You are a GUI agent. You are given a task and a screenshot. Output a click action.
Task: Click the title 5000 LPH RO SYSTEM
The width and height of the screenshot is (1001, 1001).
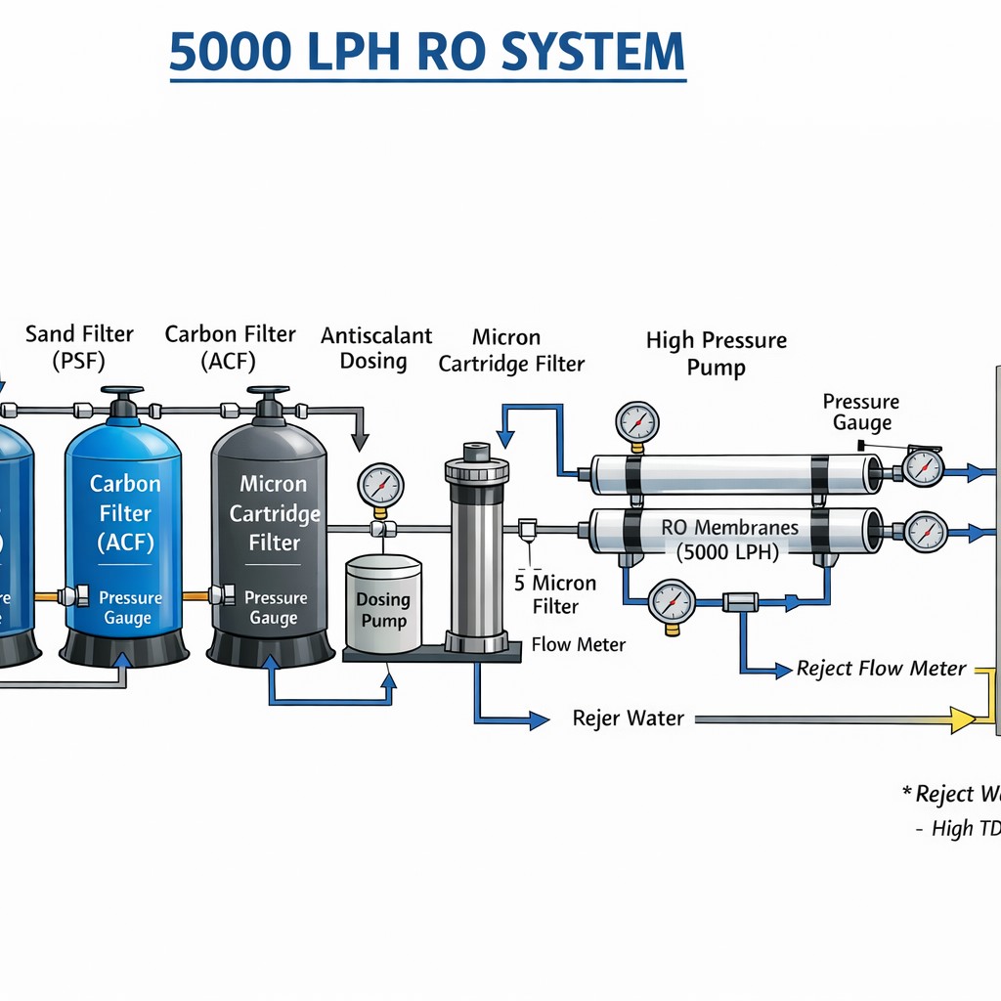pyautogui.click(x=427, y=54)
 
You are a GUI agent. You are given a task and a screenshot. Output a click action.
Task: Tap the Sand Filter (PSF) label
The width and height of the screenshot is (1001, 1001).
pyautogui.click(x=79, y=347)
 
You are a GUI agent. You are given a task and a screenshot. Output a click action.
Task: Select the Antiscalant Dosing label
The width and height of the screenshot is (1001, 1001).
pyautogui.click(x=375, y=348)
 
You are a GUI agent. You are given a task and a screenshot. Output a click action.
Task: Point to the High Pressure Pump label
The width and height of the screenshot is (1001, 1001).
pyautogui.click(x=716, y=354)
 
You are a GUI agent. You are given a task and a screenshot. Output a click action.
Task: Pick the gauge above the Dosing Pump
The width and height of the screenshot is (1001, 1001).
pyautogui.click(x=380, y=485)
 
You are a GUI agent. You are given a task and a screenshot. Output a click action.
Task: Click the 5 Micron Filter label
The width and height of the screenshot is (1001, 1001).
pyautogui.click(x=555, y=594)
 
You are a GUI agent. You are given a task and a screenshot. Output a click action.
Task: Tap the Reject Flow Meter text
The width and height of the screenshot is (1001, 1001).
pyautogui.click(x=881, y=669)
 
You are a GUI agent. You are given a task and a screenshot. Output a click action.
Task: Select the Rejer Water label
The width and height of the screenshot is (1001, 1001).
pyautogui.click(x=628, y=718)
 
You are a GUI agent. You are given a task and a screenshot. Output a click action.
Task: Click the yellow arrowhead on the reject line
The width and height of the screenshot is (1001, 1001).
pyautogui.click(x=963, y=719)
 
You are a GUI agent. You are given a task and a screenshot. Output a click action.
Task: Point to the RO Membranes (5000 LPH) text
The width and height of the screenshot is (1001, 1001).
pyautogui.click(x=728, y=539)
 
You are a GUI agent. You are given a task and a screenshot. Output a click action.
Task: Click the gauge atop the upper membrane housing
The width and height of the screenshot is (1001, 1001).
pyautogui.click(x=636, y=422)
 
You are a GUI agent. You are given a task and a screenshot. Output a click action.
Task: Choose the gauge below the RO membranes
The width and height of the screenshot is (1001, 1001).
pyautogui.click(x=672, y=601)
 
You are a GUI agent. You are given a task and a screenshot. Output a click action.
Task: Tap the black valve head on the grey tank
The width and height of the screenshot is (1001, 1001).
pyautogui.click(x=268, y=402)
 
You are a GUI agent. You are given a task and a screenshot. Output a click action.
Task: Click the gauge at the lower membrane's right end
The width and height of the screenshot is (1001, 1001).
pyautogui.click(x=925, y=532)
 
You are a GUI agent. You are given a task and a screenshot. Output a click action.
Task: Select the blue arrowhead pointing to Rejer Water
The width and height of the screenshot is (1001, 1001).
pyautogui.click(x=539, y=720)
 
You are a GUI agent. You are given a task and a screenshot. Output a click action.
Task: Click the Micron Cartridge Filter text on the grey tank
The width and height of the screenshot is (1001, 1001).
pyautogui.click(x=273, y=513)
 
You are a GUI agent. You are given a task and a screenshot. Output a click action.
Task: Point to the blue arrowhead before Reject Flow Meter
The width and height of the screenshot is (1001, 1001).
pyautogui.click(x=782, y=670)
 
